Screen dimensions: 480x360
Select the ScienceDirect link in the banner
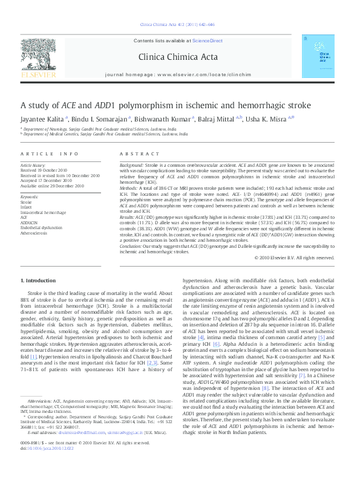coord(207,40)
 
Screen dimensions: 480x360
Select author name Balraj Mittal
coord(218,120)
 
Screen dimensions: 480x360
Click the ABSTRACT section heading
coord(135,154)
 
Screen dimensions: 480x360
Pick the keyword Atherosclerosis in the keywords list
coord(34,232)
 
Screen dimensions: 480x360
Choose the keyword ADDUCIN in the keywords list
coord(29,222)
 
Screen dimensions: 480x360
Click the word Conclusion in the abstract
coord(132,246)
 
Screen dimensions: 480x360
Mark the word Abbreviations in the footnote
coord(40,417)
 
